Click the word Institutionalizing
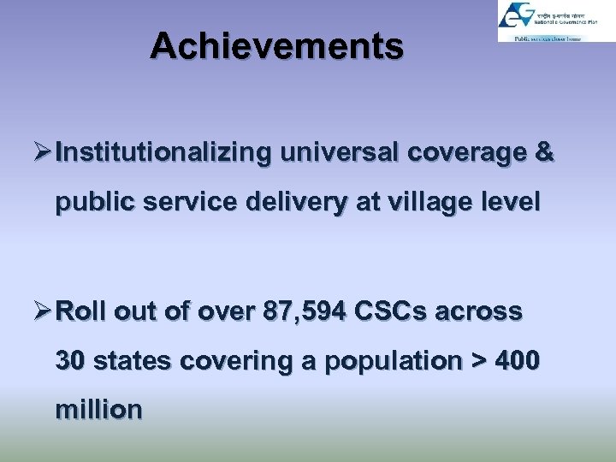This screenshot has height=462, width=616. (x=163, y=153)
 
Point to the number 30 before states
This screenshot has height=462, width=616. (x=70, y=362)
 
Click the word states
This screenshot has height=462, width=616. (x=131, y=362)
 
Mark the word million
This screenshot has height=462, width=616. (x=98, y=411)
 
